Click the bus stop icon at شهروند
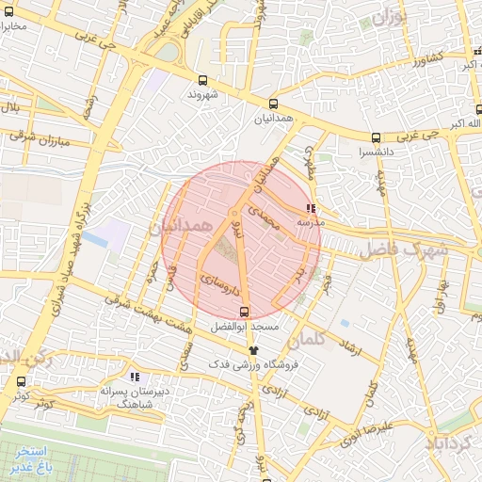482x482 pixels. click(x=203, y=81)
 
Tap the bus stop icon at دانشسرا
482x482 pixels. click(x=377, y=137)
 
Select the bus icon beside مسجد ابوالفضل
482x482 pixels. click(x=245, y=312)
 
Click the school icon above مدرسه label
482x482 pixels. click(x=311, y=208)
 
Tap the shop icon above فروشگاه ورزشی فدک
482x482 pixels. click(x=252, y=349)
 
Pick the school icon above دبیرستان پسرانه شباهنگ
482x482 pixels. click(x=135, y=377)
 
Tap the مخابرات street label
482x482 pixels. click(x=21, y=25)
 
